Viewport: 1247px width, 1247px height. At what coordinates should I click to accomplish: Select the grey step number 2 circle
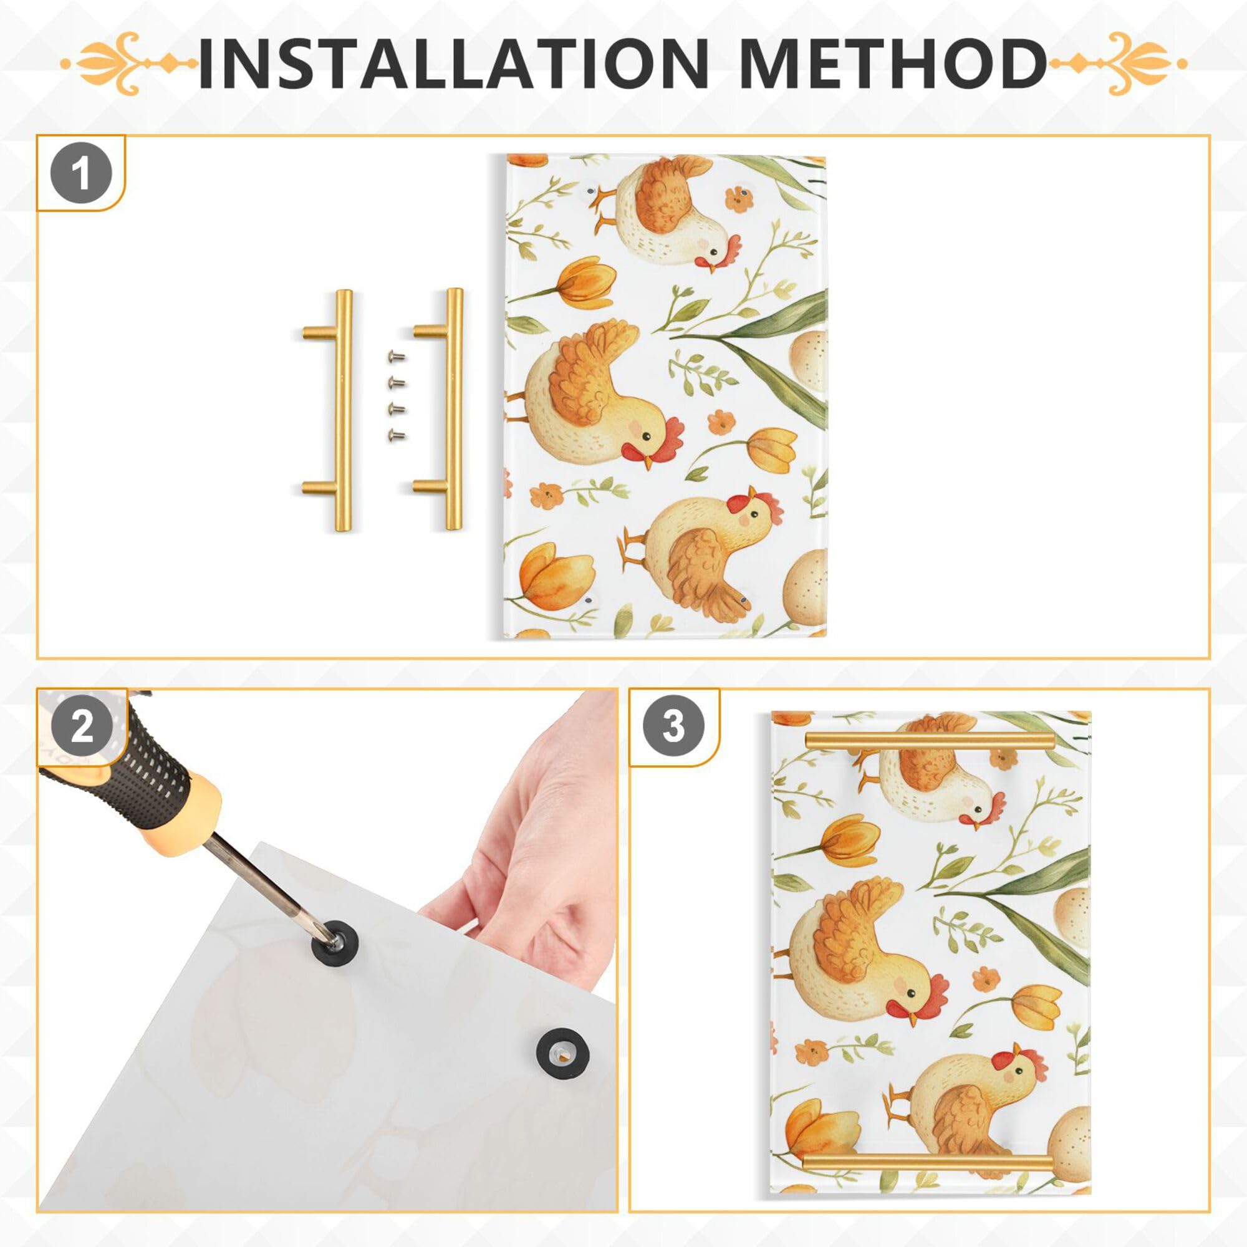[x=81, y=728]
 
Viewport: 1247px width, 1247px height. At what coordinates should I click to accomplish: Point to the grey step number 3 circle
[x=673, y=728]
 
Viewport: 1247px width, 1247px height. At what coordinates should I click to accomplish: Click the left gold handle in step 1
[x=342, y=410]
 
